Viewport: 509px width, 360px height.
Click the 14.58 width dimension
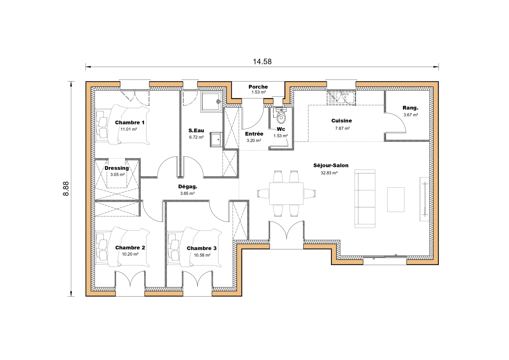[x=262, y=62]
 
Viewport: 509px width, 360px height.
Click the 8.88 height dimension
[x=66, y=188]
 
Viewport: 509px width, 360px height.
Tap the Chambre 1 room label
[x=130, y=123]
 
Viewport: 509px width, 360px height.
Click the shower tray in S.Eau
[x=211, y=102]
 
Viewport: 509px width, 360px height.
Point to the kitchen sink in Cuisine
[x=341, y=98]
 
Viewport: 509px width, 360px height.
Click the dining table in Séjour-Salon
[x=286, y=193]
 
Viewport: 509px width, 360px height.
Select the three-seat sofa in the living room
[x=365, y=199]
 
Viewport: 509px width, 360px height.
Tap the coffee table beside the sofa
[x=396, y=199]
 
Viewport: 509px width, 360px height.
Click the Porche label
[x=258, y=87]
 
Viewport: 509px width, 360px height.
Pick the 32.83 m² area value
[x=329, y=173]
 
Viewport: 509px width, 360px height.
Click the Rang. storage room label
[x=410, y=108]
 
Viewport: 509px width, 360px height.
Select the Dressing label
[x=117, y=168]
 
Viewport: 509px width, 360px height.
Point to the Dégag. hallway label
[x=188, y=187]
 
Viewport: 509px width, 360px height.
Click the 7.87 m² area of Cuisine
[x=342, y=128]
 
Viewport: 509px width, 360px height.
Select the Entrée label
[x=254, y=134]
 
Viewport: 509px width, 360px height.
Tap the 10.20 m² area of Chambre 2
[x=130, y=254]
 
